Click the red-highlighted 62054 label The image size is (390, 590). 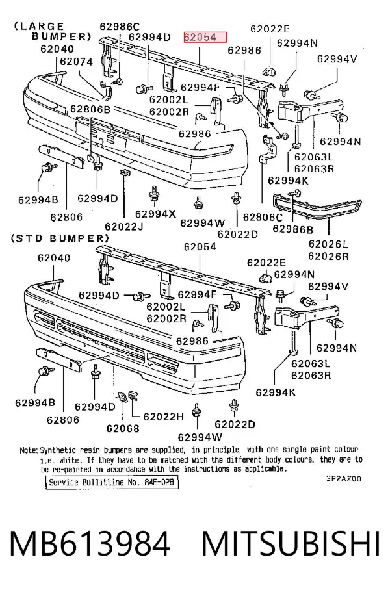click(205, 38)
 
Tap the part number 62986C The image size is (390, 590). click(120, 27)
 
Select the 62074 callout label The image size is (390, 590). click(77, 62)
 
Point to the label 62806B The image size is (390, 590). click(90, 109)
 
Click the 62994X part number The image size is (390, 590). click(155, 214)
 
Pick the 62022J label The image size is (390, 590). click(124, 227)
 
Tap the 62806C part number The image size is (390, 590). click(263, 217)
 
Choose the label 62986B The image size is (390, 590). click(293, 229)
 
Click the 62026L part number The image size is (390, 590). click(328, 244)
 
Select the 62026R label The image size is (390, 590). click(328, 256)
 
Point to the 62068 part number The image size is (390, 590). click(123, 429)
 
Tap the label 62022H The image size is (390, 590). click(163, 417)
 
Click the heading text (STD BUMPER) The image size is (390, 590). click(60, 238)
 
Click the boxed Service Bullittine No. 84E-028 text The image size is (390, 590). click(112, 482)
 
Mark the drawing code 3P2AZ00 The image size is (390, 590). click(344, 479)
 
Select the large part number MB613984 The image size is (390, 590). click(90, 543)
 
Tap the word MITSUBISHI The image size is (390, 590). click(291, 543)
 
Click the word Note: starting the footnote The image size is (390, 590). click(29, 450)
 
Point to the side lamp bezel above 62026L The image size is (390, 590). click(317, 208)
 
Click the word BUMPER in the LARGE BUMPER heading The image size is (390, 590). click(62, 37)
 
